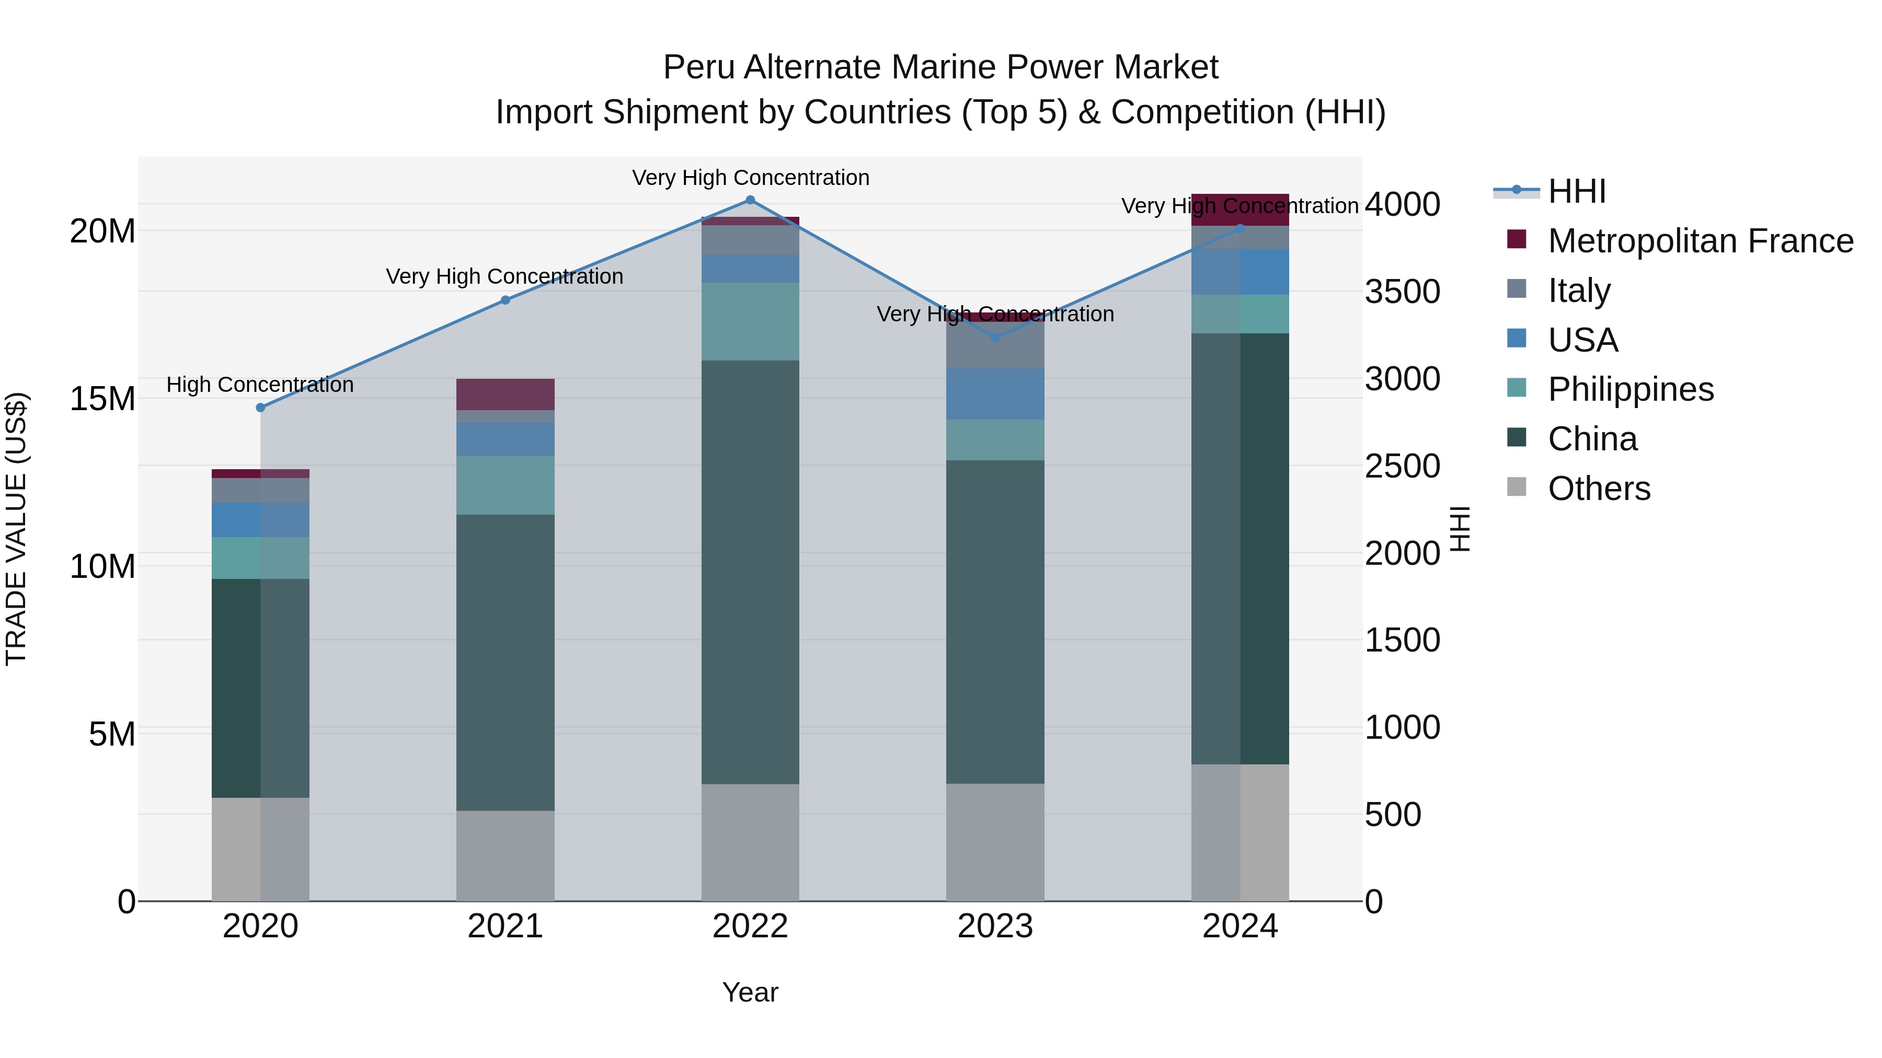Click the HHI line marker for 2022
[x=750, y=200]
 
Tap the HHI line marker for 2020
[x=260, y=408]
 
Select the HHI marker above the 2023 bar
[x=994, y=338]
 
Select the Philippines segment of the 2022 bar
[x=750, y=321]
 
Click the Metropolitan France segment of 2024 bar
[x=1240, y=210]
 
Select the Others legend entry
[x=1599, y=489]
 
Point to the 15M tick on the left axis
[x=102, y=399]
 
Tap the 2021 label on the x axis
[x=505, y=926]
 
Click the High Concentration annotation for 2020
[x=260, y=385]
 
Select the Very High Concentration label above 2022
[x=750, y=178]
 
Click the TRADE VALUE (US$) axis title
[x=16, y=529]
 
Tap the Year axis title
[x=750, y=992]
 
